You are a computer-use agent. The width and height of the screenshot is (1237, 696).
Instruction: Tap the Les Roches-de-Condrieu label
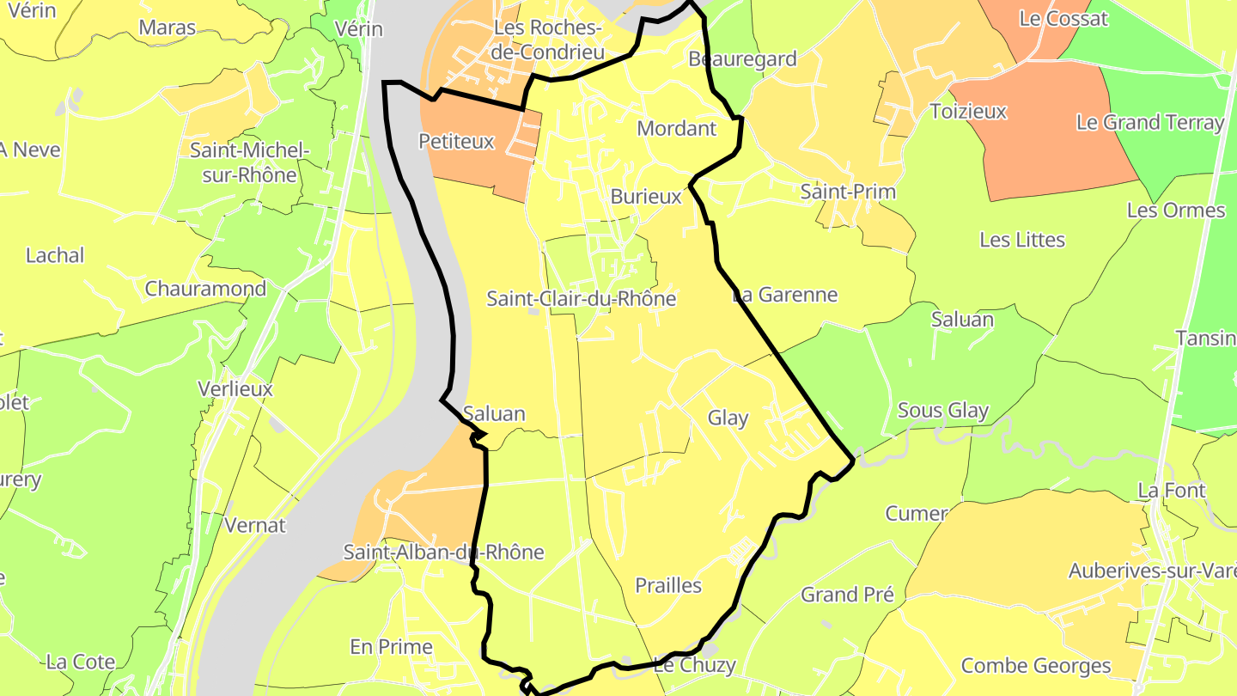tap(549, 40)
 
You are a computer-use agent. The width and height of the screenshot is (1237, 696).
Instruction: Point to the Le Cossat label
tap(1063, 19)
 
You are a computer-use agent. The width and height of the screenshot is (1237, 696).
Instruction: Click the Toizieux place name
tap(968, 112)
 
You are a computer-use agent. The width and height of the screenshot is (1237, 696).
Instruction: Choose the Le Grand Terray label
tap(1149, 122)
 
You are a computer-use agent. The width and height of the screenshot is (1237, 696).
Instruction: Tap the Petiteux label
tap(456, 142)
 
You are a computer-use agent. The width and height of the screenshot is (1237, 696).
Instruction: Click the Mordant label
tap(676, 129)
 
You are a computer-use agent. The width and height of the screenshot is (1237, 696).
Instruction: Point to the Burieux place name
tap(645, 197)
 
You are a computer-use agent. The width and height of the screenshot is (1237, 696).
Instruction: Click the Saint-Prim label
tap(848, 192)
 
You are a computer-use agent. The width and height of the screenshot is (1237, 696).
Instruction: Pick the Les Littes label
tap(1022, 240)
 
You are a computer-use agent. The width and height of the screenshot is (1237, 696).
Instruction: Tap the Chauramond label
tap(205, 289)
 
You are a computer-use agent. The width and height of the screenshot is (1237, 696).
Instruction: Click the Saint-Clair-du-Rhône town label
tap(581, 299)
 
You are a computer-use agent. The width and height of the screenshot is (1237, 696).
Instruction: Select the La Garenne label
tap(784, 296)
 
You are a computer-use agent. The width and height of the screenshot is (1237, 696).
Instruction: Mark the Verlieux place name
tap(235, 389)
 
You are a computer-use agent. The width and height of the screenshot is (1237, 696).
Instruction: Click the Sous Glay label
tap(943, 411)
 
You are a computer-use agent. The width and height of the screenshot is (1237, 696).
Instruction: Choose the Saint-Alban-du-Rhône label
tap(443, 552)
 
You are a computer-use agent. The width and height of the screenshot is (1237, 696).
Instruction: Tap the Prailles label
tap(667, 586)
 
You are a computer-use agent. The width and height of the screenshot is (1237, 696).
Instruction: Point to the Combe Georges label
tap(1035, 666)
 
